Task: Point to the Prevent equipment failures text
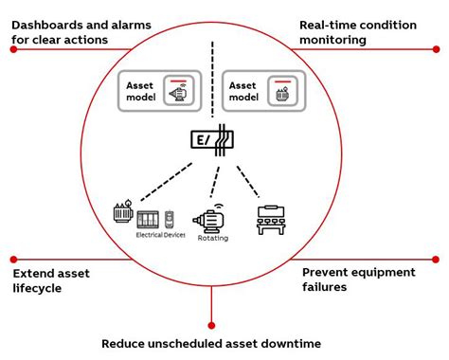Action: [358, 279]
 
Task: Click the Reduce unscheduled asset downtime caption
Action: [211, 343]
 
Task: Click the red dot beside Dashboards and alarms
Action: [13, 48]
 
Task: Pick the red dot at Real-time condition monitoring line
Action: [438, 48]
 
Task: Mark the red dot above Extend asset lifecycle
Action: [13, 258]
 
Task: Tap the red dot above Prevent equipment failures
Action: [436, 258]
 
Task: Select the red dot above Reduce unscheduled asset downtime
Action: [212, 324]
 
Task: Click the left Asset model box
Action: [157, 91]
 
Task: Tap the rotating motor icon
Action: [213, 219]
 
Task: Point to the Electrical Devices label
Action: [160, 234]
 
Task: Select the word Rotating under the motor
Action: [213, 238]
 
